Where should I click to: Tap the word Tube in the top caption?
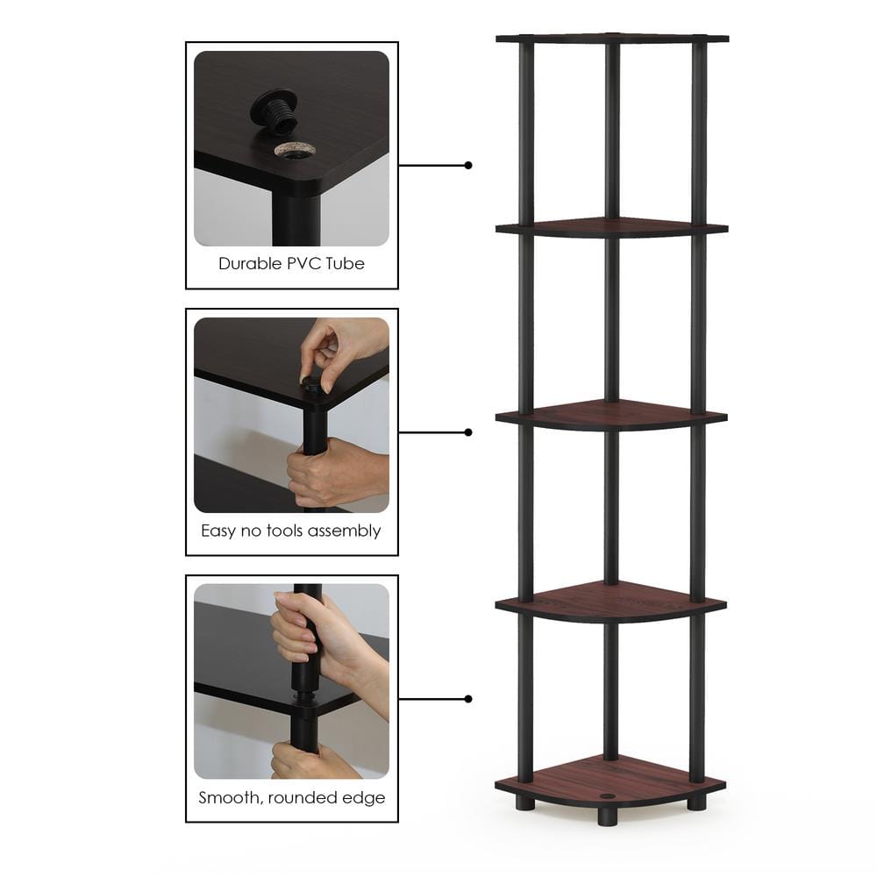[347, 263]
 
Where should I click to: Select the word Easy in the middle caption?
[219, 531]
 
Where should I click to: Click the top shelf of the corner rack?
[611, 39]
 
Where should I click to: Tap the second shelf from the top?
[611, 228]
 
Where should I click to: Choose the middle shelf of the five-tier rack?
[611, 414]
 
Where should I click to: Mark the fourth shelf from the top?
[611, 602]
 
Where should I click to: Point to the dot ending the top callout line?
[468, 165]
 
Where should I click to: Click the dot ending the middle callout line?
[468, 432]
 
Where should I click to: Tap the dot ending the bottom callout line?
[468, 699]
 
